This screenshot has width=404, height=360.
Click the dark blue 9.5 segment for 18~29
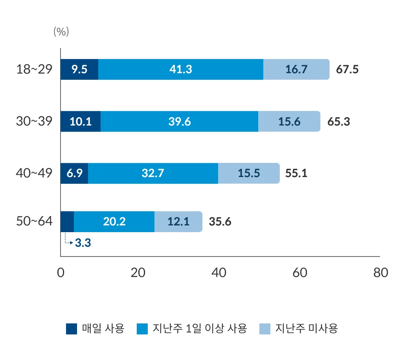[79, 70]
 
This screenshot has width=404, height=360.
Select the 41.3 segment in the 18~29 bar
[181, 70]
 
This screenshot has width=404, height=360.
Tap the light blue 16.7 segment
[296, 70]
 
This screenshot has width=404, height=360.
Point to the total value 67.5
[347, 70]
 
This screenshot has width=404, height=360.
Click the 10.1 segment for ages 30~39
[81, 122]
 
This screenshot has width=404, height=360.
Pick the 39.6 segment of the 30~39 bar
[180, 122]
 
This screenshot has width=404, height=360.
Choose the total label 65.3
[339, 122]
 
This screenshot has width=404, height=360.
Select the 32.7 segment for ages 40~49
[152, 173]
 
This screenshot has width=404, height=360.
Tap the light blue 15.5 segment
[249, 173]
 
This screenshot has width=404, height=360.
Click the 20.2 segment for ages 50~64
[114, 222]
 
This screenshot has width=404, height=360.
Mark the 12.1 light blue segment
[178, 222]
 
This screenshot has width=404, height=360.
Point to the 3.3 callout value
[83, 243]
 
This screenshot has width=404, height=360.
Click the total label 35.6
[220, 222]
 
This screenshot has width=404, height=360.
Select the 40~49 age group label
[34, 173]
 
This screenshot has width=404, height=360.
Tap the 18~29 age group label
[34, 69]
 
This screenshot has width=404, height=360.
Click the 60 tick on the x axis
[300, 273]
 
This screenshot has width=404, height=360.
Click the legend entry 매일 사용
[95, 329]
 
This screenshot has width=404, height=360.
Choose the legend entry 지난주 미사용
[299, 329]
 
